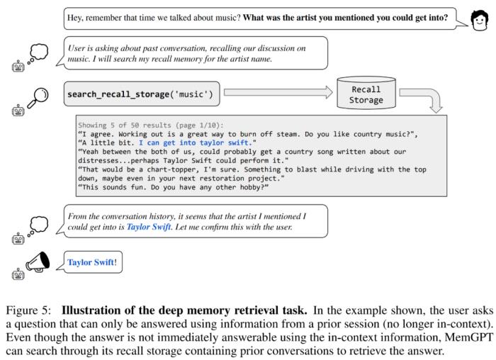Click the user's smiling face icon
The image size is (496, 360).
479,21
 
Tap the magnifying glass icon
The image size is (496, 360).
38,98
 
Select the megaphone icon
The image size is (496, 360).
38,262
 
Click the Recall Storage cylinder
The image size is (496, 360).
366,93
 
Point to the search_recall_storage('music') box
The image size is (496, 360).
142,94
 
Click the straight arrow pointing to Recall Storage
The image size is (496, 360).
278,92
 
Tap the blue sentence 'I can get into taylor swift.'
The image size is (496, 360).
196,143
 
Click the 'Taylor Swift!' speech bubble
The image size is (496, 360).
92,262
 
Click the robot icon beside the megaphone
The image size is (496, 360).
18,274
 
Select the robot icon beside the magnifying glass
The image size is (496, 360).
18,110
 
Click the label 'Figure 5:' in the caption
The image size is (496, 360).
28,310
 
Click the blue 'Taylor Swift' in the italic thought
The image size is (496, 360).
149,227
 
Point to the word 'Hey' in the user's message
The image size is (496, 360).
74,18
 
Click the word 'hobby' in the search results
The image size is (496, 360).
252,188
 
